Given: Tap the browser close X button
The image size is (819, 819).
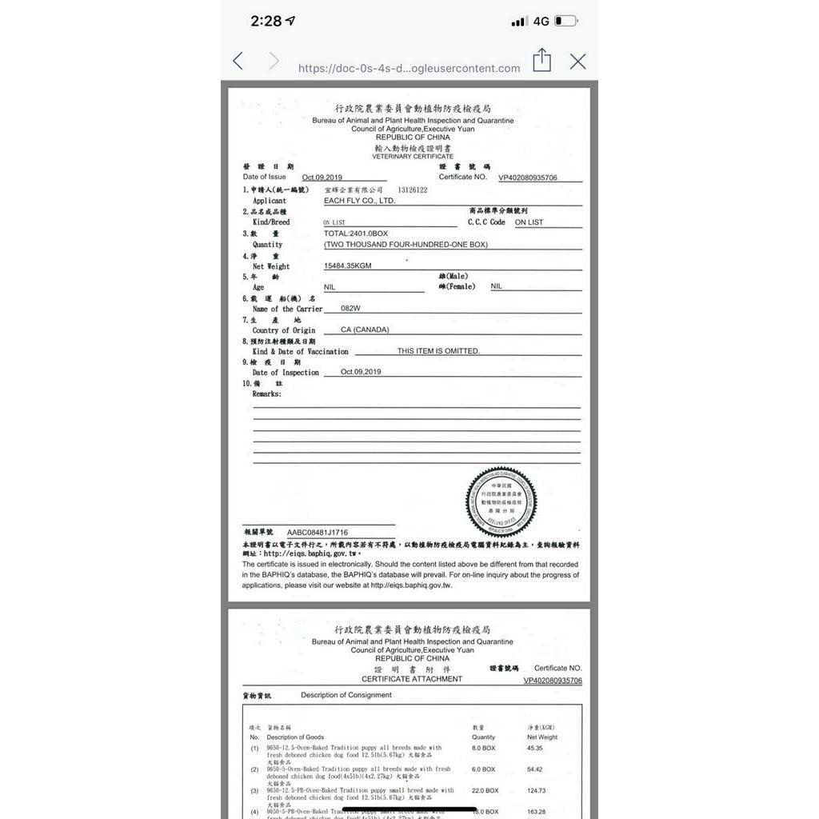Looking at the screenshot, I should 577,62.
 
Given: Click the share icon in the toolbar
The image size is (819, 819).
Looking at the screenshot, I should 542,60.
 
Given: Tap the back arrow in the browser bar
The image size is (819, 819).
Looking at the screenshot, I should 238,61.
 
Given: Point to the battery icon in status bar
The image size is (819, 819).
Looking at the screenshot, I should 565,21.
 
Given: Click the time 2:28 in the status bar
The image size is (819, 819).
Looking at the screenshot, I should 266,21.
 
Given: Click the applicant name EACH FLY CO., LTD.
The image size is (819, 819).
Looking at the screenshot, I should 359,201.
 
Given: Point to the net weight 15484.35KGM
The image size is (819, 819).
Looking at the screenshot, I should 348,266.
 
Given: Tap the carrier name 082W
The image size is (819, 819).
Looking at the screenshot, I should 351,308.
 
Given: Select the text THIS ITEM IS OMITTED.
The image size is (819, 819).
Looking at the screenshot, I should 438,351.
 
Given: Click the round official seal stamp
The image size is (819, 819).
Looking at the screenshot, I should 501,502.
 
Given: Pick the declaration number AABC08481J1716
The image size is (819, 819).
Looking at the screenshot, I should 318,532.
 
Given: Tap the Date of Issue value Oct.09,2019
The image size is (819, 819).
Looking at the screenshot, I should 322,177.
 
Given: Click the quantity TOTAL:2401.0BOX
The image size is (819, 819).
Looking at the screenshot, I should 356,233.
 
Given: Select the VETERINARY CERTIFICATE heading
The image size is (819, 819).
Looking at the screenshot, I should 413,157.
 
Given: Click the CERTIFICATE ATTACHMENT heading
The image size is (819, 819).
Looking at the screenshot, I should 412,679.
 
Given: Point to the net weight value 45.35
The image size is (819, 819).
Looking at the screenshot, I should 534,748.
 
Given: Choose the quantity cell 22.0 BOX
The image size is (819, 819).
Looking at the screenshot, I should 485,790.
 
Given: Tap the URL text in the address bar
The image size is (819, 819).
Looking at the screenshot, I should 409,68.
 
